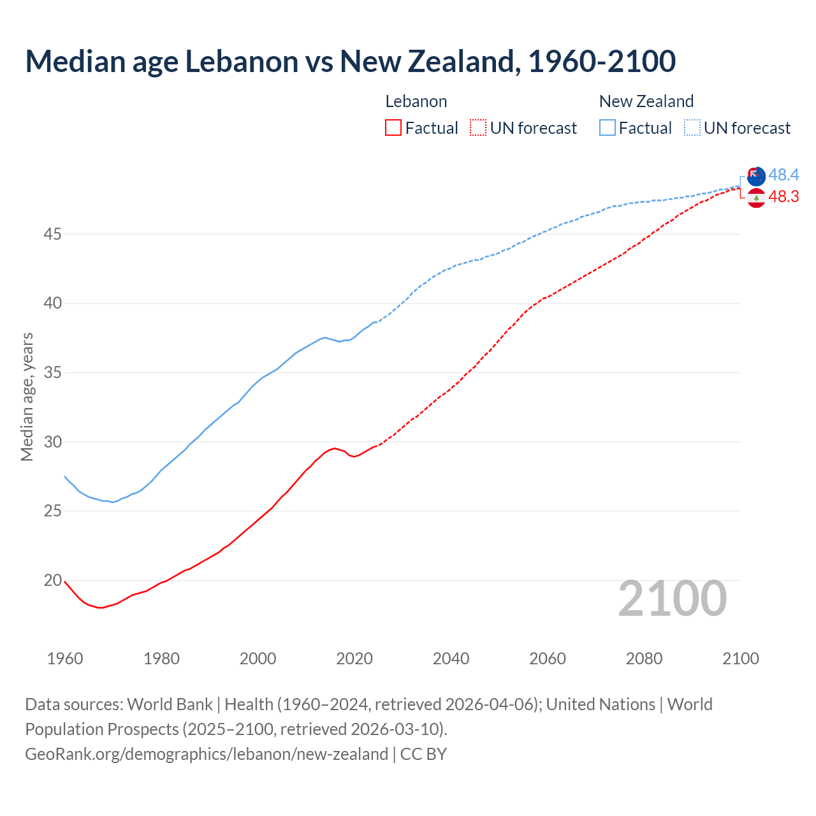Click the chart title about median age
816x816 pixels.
pyautogui.click(x=350, y=61)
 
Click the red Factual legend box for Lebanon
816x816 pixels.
pyautogui.click(x=393, y=128)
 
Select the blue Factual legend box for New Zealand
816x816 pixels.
pyautogui.click(x=608, y=128)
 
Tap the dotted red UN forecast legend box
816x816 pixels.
pyautogui.click(x=478, y=128)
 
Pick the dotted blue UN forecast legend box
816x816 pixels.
pyautogui.click(x=692, y=128)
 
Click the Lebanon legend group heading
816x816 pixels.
pyautogui.click(x=416, y=101)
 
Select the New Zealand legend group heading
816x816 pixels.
pyautogui.click(x=646, y=101)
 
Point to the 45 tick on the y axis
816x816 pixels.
pyautogui.click(x=52, y=234)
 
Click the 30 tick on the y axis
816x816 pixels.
pyautogui.click(x=52, y=442)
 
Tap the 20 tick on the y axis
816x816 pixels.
pyautogui.click(x=52, y=580)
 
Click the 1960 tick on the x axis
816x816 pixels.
pyautogui.click(x=65, y=659)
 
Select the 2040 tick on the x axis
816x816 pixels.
pyautogui.click(x=451, y=659)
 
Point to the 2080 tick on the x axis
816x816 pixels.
pyautogui.click(x=644, y=659)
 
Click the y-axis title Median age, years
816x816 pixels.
pyautogui.click(x=27, y=397)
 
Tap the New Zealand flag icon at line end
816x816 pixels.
pyautogui.click(x=756, y=177)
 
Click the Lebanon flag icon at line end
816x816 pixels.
pyautogui.click(x=756, y=198)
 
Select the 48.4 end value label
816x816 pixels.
pyautogui.click(x=783, y=175)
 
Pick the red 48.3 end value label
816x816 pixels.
pyautogui.click(x=783, y=196)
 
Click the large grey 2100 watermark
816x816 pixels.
pyautogui.click(x=672, y=598)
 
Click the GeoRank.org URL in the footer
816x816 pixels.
pyautogui.click(x=207, y=754)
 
